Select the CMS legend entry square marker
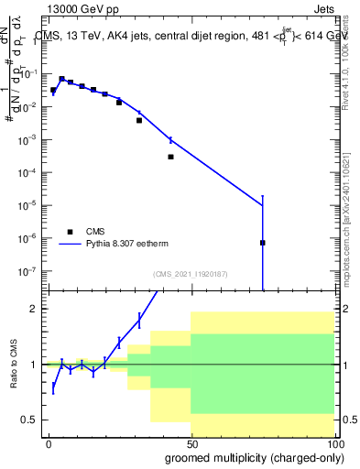coord(69,231)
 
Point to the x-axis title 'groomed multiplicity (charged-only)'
coord(250,456)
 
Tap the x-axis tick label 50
coord(191,443)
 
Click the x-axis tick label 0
coord(49,443)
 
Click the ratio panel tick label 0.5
coord(34,420)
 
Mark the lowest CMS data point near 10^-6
coord(263,243)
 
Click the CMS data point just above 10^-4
coord(170,157)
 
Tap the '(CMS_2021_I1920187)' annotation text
coord(190,274)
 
